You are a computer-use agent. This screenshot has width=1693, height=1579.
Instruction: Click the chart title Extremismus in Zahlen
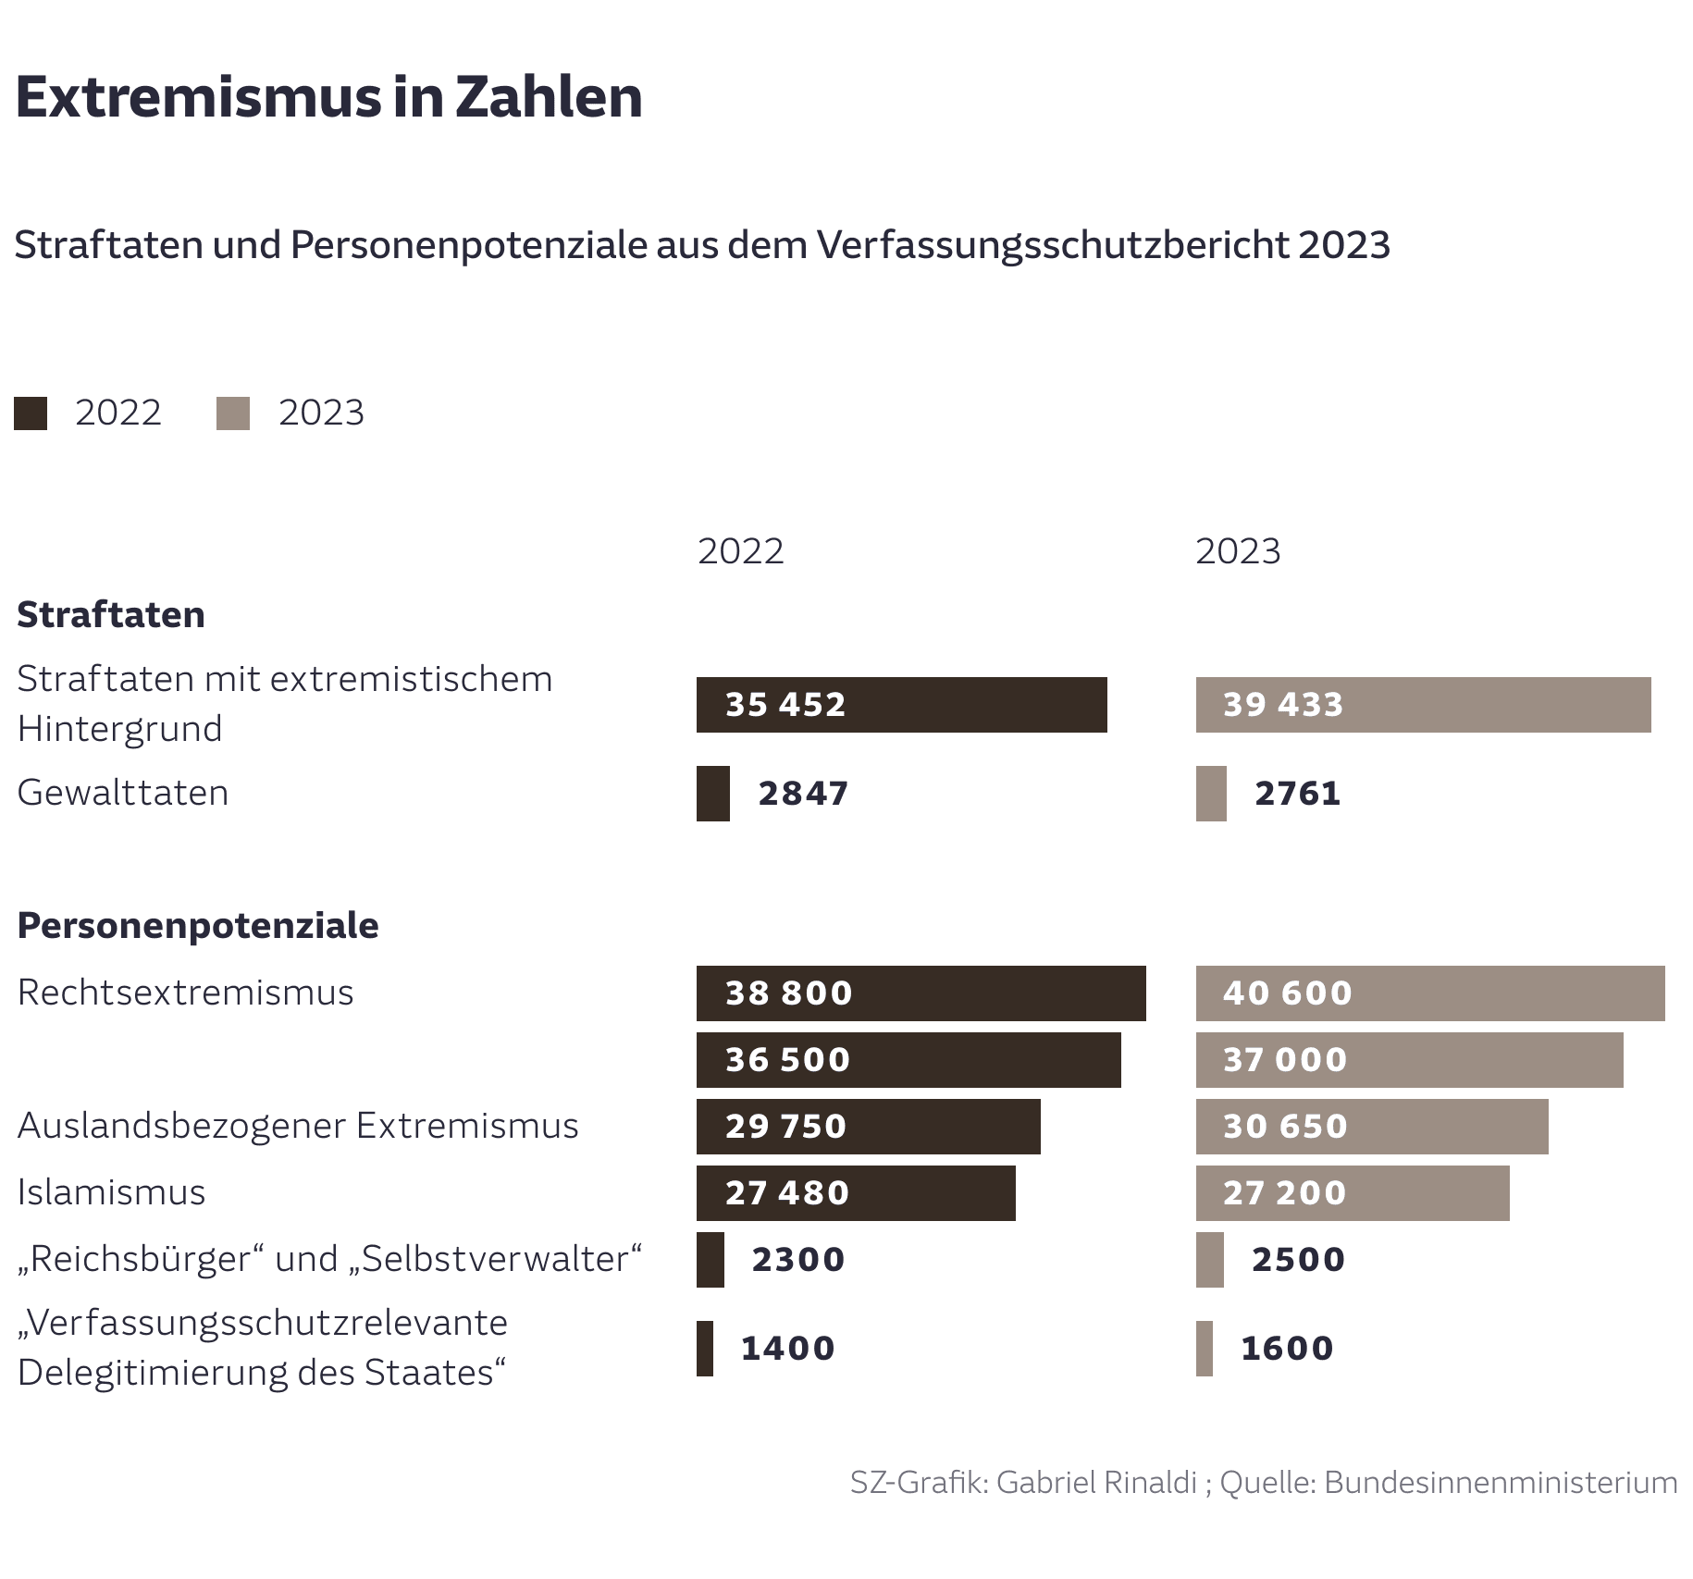(x=328, y=96)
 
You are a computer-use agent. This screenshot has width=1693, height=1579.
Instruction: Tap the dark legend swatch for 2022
(x=31, y=413)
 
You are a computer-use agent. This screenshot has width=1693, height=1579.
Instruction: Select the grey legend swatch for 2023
(x=233, y=413)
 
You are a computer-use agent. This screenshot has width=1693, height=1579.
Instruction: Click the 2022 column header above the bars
(x=740, y=551)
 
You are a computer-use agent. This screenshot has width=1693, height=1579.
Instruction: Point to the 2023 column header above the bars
(x=1238, y=551)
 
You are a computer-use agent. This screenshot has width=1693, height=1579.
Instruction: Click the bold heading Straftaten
(x=111, y=615)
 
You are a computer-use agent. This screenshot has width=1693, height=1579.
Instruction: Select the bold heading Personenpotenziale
(x=198, y=926)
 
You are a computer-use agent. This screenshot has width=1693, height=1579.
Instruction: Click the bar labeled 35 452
(x=901, y=705)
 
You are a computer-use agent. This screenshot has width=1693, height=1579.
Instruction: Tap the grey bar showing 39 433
(x=1423, y=705)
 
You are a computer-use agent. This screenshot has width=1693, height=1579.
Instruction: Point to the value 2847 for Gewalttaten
(x=803, y=794)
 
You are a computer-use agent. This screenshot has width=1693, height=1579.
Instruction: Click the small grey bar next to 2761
(x=1211, y=794)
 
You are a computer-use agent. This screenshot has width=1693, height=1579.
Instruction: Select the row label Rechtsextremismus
(x=185, y=993)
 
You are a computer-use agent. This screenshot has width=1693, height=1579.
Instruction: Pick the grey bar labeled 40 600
(x=1429, y=993)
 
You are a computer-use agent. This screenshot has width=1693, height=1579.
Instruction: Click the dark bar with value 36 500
(x=908, y=1060)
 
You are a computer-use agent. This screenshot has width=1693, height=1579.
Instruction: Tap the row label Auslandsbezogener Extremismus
(x=298, y=1126)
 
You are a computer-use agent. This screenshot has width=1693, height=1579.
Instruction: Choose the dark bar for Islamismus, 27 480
(x=855, y=1193)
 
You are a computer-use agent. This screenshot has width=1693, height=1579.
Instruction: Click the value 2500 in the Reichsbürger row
(x=1298, y=1260)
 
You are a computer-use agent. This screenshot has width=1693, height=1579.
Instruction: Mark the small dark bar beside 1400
(x=705, y=1349)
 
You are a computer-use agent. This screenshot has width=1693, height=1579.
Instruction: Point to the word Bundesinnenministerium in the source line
(x=1501, y=1482)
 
